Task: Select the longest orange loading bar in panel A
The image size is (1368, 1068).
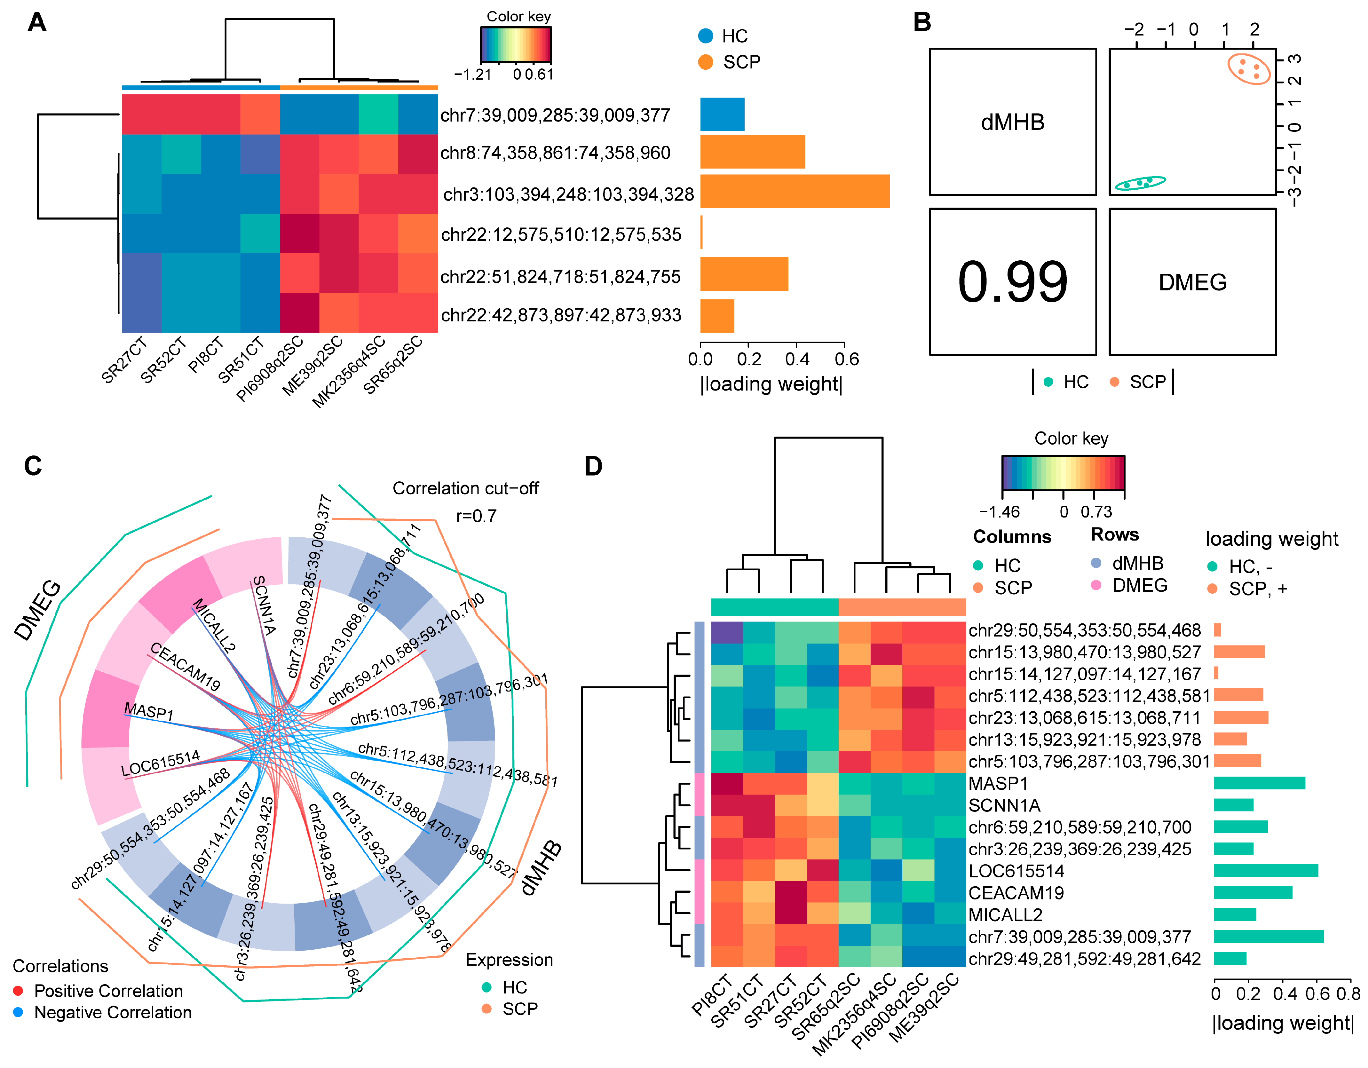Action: (x=794, y=191)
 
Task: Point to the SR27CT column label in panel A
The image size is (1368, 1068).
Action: (x=125, y=360)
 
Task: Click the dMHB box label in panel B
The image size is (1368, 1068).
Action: (x=1012, y=122)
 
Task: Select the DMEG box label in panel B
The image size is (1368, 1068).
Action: (x=1192, y=282)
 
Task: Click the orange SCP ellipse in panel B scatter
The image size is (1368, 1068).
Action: (x=1248, y=69)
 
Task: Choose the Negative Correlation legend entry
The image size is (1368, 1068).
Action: (x=113, y=1012)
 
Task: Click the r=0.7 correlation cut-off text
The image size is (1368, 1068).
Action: (x=476, y=516)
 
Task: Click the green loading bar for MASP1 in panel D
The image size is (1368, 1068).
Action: (x=1259, y=783)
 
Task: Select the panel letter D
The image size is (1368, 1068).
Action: (x=593, y=467)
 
